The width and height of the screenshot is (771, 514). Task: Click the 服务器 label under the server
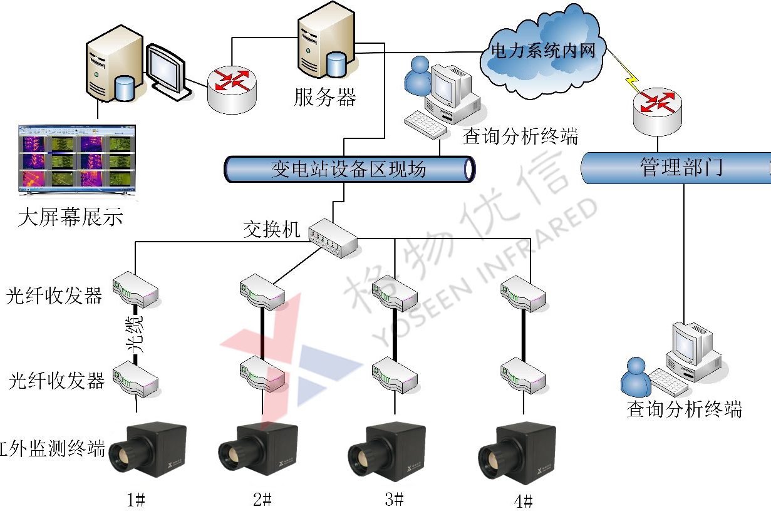(x=324, y=97)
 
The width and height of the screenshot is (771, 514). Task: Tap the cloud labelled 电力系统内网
(x=542, y=51)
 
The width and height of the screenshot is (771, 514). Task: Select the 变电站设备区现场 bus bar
(x=349, y=170)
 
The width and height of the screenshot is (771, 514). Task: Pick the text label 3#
(x=394, y=499)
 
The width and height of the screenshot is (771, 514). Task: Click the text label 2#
(x=262, y=499)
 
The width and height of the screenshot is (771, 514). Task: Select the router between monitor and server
(x=231, y=89)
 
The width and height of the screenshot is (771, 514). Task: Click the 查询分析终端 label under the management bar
(x=684, y=410)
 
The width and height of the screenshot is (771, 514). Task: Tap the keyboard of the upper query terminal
(x=426, y=125)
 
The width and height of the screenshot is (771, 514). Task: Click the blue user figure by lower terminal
(x=636, y=376)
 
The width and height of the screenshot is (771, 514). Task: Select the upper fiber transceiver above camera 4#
(x=524, y=294)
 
